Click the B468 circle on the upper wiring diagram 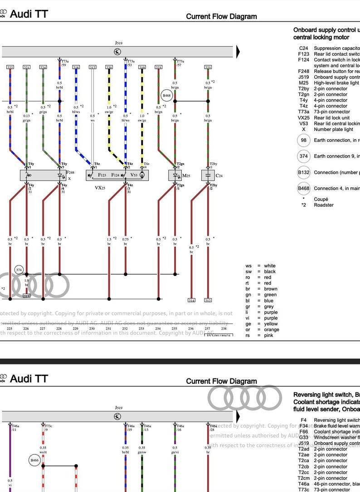[x=166, y=96]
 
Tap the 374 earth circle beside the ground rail [x=19, y=270]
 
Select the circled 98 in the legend [x=303, y=140]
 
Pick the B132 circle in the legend [x=303, y=173]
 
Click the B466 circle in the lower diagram [x=35, y=460]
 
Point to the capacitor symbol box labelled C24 [x=208, y=175]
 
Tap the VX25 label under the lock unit [x=100, y=187]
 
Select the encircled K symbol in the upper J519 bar [x=117, y=52]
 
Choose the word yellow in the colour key [x=271, y=324]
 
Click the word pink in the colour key [x=269, y=336]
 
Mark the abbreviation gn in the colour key [x=248, y=295]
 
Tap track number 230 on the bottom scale [x=92, y=329]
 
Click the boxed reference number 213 [x=27, y=296]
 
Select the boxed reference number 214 [x=191, y=300]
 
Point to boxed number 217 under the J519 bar [x=92, y=68]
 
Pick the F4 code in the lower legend [x=304, y=420]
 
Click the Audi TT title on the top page [x=29, y=14]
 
